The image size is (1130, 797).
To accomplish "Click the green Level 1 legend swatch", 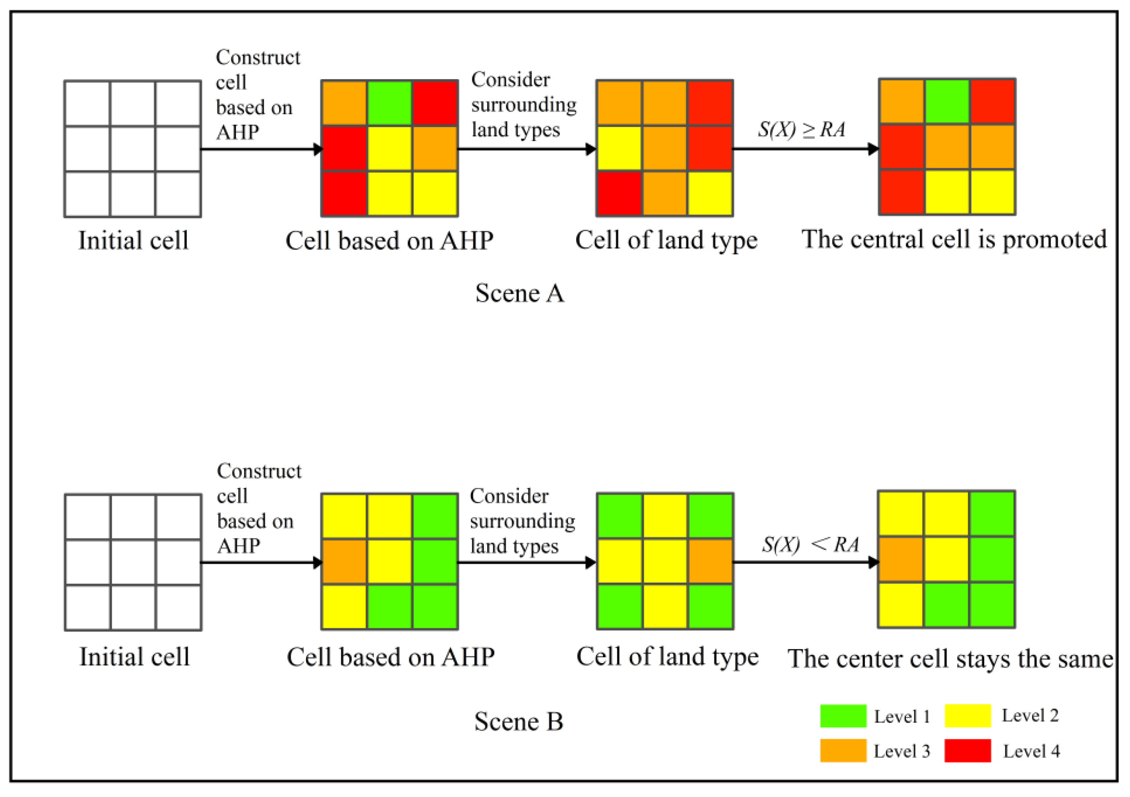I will point(843,716).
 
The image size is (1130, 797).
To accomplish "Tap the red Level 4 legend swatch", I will point(967,751).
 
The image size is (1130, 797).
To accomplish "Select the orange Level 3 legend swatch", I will point(843,751).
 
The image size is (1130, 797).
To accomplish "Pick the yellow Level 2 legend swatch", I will point(967,716).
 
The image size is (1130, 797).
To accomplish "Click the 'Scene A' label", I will point(519,293).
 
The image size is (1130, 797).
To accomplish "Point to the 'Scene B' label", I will point(518,722).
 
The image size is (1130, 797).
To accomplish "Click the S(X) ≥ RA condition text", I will point(801,129).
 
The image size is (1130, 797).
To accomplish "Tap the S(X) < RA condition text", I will point(810,545).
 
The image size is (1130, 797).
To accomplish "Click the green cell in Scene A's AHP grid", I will point(389,103).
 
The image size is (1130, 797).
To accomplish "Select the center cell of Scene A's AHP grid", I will point(389,148).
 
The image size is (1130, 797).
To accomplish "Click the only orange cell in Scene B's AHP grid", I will point(344,562).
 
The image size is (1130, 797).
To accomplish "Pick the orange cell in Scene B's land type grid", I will point(710,562).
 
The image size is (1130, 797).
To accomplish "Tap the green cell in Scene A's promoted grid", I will point(947,102).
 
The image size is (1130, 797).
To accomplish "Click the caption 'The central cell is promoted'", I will point(954,240).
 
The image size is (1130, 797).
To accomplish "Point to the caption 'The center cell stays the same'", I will point(950,659).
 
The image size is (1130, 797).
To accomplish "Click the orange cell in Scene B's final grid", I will point(900,559).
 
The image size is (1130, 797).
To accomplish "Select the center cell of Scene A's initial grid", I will point(133,148).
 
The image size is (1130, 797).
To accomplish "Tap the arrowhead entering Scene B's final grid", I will point(873,562).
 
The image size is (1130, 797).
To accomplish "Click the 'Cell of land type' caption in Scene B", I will point(667,657).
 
